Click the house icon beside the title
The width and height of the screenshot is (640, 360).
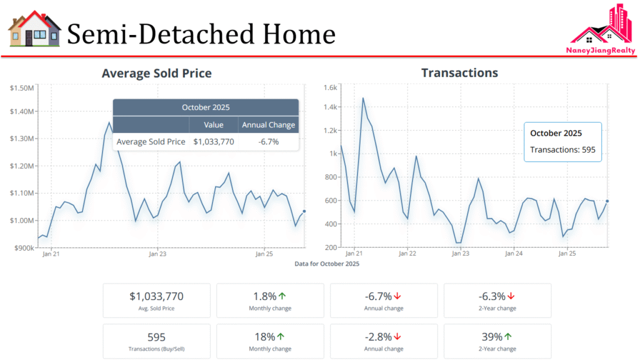[x=34, y=29]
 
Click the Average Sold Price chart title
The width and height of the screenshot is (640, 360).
[x=156, y=73]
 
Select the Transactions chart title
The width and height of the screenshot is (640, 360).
[x=459, y=72]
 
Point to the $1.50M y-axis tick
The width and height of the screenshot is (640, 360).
[x=22, y=87]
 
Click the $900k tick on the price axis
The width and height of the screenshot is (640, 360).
[x=23, y=248]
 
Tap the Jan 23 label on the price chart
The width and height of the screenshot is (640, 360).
[x=157, y=254]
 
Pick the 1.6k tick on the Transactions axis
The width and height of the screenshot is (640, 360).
[x=331, y=87]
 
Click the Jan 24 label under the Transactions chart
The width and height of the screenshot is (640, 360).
[x=514, y=254]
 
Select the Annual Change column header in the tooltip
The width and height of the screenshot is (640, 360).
[x=268, y=125]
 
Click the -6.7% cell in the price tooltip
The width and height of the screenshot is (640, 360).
[x=268, y=142]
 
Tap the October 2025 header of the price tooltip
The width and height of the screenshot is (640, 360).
[x=206, y=107]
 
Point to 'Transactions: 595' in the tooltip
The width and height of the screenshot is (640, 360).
[x=562, y=150]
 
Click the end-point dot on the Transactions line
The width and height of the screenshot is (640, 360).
[x=607, y=201]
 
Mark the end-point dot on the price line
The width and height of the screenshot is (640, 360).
[x=304, y=211]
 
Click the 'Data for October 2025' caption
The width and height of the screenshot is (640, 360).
[x=327, y=264]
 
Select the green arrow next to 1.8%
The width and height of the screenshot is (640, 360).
[x=281, y=296]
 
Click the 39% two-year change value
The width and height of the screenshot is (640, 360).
[x=492, y=337]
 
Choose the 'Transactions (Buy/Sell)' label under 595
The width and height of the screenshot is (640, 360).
[x=156, y=349]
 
